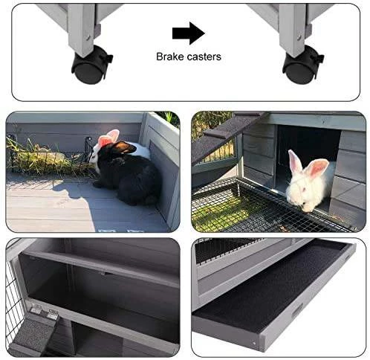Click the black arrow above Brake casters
point(189,33)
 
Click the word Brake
point(170,57)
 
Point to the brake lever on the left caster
point(106,59)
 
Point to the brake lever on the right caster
point(318,59)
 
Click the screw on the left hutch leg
point(88,37)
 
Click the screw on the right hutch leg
point(299,37)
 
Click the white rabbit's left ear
point(295,161)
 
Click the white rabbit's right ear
point(317,167)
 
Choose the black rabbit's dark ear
point(124,147)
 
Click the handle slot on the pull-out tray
point(297,311)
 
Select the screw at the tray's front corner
point(254,344)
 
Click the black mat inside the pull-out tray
point(270,288)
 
